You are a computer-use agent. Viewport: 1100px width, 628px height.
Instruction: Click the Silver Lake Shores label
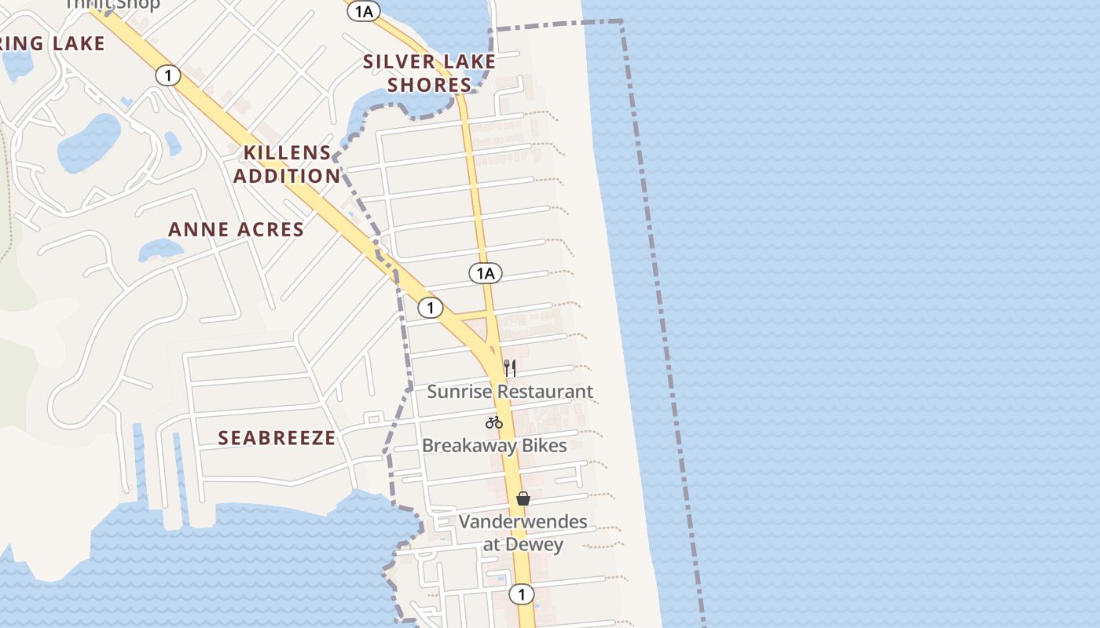429,73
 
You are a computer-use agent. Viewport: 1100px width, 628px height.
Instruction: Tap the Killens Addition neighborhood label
287,164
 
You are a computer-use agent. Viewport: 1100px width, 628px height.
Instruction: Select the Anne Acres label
236,229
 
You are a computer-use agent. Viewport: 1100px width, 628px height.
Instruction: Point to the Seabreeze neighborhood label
277,438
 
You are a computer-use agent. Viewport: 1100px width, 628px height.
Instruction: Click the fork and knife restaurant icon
510,367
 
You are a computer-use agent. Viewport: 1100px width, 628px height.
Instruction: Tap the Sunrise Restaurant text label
510,391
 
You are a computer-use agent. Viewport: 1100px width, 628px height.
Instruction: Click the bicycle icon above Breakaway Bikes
494,422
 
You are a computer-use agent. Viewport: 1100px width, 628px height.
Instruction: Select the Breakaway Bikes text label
494,445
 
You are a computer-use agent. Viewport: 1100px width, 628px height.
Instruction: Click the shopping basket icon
523,498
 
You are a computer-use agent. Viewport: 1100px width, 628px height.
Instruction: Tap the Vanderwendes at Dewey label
522,533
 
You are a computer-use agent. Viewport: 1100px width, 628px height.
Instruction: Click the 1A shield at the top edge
364,10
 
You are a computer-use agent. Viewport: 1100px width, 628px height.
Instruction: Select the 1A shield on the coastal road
486,273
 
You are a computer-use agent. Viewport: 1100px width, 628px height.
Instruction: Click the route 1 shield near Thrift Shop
168,75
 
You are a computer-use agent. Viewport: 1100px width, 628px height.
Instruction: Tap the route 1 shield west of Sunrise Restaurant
430,308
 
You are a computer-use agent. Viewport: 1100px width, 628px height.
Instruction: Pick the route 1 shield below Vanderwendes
521,593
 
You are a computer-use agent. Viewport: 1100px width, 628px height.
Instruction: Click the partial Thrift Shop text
112,4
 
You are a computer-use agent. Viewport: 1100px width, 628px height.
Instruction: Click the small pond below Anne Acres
159,250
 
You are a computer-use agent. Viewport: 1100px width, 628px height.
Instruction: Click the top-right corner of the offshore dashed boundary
621,22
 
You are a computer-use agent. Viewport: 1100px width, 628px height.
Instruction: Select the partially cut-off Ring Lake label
52,44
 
